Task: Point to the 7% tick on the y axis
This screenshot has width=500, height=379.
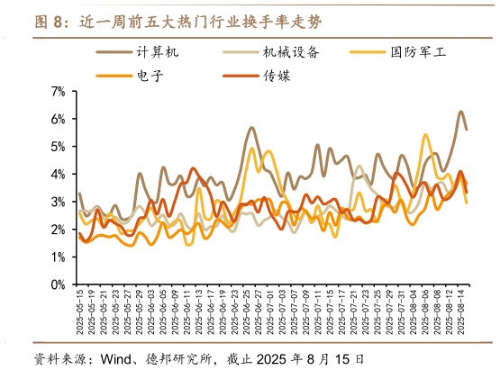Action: click(x=59, y=91)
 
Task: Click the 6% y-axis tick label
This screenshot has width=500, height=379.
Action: click(x=59, y=119)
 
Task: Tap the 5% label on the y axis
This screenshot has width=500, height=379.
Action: click(x=59, y=146)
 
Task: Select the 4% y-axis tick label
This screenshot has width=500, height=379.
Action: click(x=59, y=174)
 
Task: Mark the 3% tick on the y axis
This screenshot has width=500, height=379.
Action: click(x=59, y=202)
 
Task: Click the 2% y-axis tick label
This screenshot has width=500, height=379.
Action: click(x=59, y=229)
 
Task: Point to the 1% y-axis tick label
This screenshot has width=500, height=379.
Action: click(x=59, y=257)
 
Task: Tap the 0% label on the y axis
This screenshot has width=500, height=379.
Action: click(x=59, y=284)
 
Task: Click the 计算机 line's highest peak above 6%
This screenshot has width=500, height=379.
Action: click(x=460, y=112)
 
